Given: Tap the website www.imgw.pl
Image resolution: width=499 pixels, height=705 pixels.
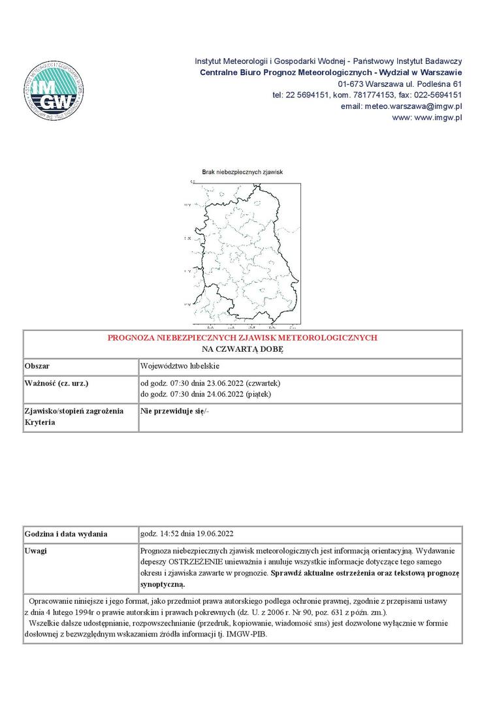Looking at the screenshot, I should pyautogui.click(x=427, y=117).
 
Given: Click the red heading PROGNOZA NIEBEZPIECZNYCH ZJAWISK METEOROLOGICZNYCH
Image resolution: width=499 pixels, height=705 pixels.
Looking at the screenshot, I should pyautogui.click(x=242, y=338).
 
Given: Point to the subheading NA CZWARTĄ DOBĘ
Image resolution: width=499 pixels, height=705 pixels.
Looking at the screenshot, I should pyautogui.click(x=242, y=349).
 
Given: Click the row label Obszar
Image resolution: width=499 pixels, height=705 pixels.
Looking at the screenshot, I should pyautogui.click(x=37, y=366).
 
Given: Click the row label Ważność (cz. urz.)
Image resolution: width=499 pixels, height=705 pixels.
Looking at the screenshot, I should pyautogui.click(x=56, y=383).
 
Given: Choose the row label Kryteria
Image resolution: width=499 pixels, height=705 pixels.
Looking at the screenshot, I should pyautogui.click(x=40, y=422).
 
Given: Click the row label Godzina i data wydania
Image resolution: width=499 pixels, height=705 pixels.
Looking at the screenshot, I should pyautogui.click(x=65, y=534).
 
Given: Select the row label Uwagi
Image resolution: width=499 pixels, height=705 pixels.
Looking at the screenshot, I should pyautogui.click(x=35, y=551).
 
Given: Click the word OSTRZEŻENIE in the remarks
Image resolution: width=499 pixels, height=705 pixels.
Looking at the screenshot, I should pyautogui.click(x=201, y=561).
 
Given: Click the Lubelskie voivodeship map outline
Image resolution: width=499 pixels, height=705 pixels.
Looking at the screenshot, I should pyautogui.click(x=251, y=255).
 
